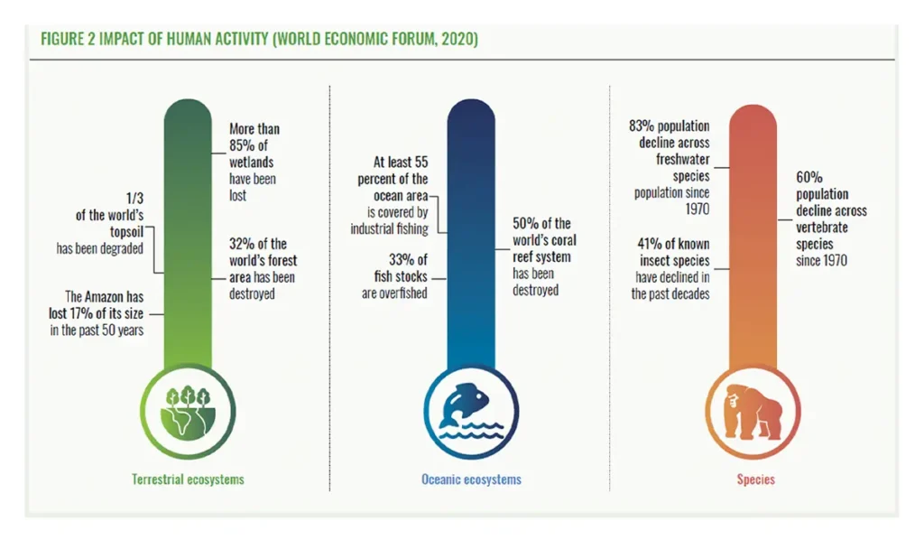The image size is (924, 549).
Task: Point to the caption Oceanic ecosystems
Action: click(x=471, y=479)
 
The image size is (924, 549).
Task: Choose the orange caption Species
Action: click(x=755, y=479)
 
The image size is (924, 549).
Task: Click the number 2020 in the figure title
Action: click(x=457, y=40)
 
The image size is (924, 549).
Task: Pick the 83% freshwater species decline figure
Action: click(x=642, y=126)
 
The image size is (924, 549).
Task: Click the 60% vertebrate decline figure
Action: click(x=809, y=178)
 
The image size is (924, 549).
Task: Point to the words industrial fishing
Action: click(x=389, y=228)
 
